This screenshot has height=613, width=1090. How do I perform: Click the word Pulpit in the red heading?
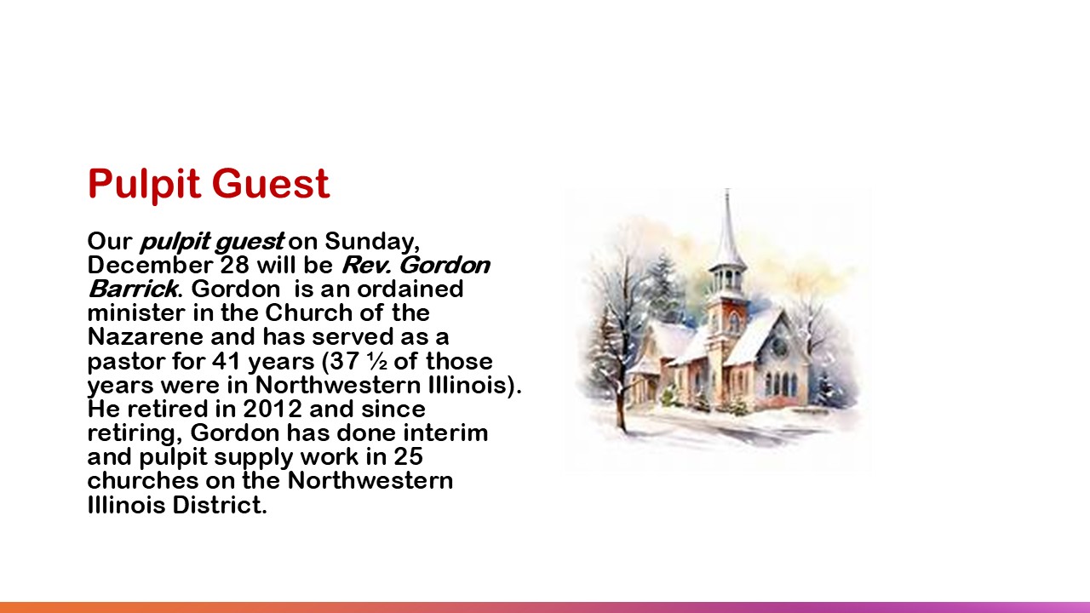tap(144, 185)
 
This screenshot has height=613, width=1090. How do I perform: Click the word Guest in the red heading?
tap(271, 183)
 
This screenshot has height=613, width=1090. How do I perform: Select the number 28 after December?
tap(234, 265)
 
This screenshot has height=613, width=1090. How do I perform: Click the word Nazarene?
tap(146, 336)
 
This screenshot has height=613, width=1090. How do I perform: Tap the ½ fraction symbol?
tap(377, 361)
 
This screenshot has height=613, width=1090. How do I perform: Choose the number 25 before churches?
tap(408, 456)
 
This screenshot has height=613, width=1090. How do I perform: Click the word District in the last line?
tap(220, 505)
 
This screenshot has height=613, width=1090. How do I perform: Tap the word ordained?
tap(410, 289)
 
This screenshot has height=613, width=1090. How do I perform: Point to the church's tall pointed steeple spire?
tap(728, 229)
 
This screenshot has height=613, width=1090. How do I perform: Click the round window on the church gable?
tap(779, 347)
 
